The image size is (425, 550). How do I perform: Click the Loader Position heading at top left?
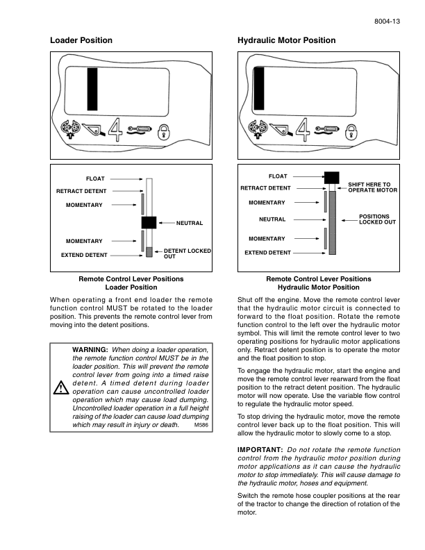point(81,40)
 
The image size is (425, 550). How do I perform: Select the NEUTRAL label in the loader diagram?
point(190,223)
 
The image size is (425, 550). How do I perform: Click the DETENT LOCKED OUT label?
point(187,253)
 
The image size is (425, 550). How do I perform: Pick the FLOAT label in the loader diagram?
point(95,178)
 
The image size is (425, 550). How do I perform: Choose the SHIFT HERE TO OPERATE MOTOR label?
point(372,187)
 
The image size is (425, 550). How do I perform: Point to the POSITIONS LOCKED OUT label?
point(377,219)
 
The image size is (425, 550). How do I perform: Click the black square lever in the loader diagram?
point(149,222)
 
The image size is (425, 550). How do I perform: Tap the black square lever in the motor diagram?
point(332,177)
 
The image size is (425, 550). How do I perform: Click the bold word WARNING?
point(90,349)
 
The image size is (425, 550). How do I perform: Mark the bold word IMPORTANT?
point(260,451)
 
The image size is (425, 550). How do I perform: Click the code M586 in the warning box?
point(201,424)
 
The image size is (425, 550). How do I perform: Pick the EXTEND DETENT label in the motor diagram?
point(267,253)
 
